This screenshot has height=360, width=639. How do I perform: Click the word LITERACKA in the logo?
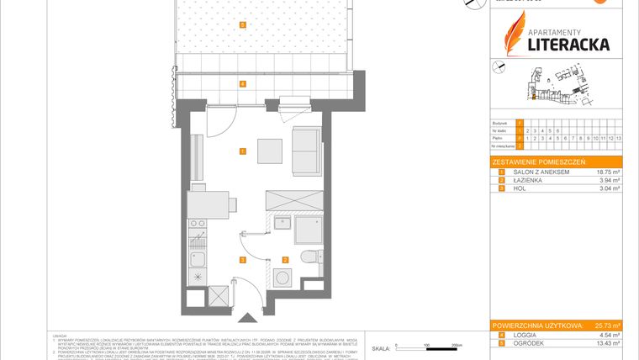tap(568, 43)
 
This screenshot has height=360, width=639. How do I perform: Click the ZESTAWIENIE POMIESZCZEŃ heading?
tap(539, 161)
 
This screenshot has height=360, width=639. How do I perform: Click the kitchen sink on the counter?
tap(198, 247)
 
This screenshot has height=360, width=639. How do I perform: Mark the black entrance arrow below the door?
tap(247, 318)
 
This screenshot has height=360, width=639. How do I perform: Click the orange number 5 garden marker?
tap(242, 25)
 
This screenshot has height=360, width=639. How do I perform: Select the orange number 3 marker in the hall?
tap(242, 260)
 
